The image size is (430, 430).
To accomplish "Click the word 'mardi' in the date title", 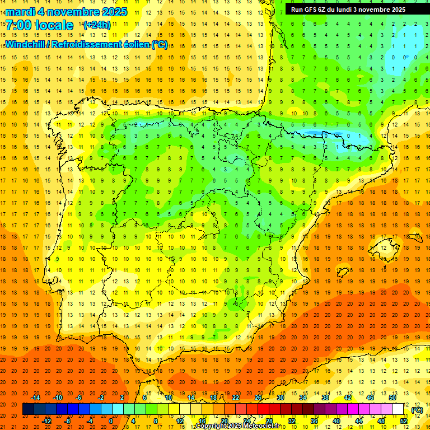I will tap(21, 12).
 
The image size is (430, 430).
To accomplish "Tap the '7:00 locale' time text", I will tap(39, 25).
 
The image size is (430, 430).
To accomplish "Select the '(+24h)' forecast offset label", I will tap(97, 25).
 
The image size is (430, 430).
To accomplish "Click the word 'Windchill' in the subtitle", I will tap(26, 44).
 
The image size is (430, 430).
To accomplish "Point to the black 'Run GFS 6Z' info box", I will tap(353, 9).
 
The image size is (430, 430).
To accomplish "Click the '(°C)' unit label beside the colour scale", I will tap(417, 410).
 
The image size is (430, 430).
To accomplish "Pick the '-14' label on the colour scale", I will tap(35, 398).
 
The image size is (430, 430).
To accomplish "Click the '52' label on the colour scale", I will tap(403, 421).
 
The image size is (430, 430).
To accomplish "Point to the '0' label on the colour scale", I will tap(111, 421).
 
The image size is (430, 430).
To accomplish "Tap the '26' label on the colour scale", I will tap(258, 398).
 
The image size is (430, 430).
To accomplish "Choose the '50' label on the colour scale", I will tap(392, 398).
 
